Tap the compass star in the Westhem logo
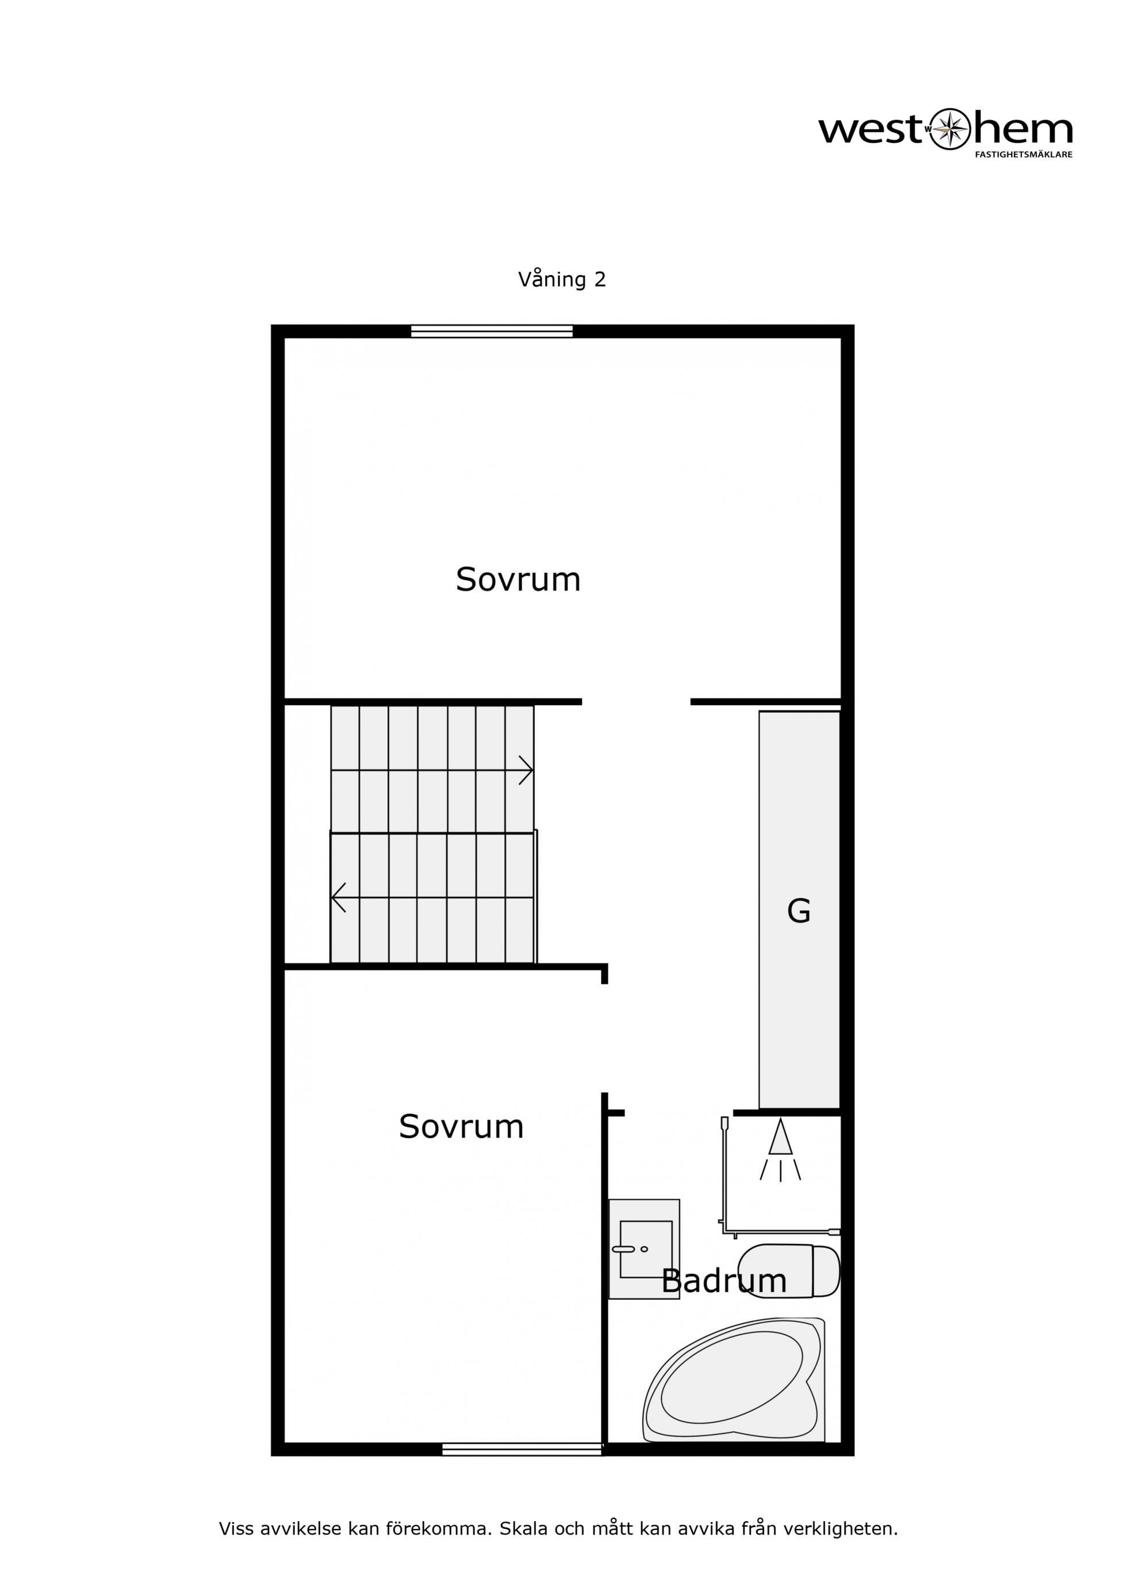tap(949, 129)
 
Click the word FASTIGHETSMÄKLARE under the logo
tap(1024, 154)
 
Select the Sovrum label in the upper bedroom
tap(518, 579)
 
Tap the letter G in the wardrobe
tap(799, 911)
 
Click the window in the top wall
tap(492, 331)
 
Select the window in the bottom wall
tap(522, 1449)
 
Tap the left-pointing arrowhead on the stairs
tap(338, 897)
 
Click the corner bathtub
tap(734, 1381)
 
